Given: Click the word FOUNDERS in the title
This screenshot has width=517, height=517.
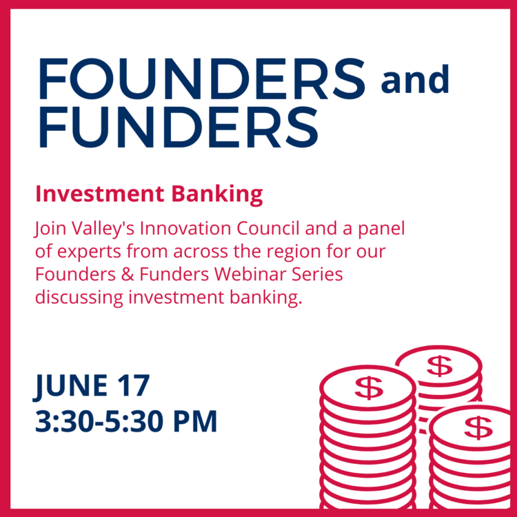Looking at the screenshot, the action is click(202, 79).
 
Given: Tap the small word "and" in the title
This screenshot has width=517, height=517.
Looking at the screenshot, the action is click(415, 79).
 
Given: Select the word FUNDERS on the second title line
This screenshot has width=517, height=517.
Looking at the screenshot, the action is click(179, 127).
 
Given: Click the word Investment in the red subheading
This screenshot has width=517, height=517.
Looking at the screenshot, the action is click(100, 194).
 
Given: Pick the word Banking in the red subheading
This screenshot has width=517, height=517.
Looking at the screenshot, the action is click(217, 194).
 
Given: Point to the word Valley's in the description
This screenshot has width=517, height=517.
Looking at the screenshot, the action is click(103, 229).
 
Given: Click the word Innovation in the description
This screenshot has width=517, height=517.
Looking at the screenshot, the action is click(185, 228).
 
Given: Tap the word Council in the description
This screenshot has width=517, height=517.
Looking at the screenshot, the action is click(268, 228).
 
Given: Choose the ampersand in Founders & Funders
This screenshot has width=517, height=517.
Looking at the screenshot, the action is click(128, 274).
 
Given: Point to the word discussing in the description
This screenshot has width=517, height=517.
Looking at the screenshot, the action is click(79, 298).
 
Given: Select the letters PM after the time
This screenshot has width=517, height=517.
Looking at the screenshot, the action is click(195, 421).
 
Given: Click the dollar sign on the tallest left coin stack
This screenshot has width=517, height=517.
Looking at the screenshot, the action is click(369, 388).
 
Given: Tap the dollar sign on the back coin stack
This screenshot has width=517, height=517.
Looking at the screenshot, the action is click(440, 365).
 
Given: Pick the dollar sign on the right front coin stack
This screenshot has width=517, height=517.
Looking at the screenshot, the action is click(478, 427).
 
